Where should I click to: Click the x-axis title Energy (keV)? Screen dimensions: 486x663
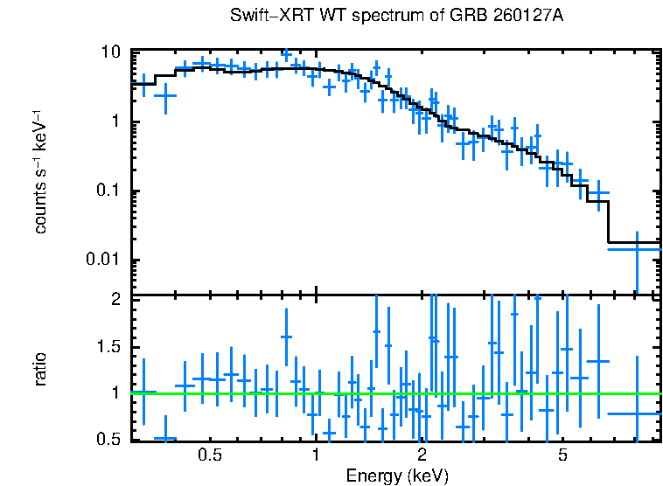397,476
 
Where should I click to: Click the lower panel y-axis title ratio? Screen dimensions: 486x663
40,370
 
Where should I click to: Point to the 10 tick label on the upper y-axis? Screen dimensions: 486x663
110,52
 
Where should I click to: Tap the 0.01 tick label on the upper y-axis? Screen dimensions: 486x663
102,260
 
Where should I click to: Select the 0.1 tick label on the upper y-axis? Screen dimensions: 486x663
107,191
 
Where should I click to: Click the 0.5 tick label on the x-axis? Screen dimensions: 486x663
210,455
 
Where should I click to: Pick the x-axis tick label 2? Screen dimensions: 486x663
422,455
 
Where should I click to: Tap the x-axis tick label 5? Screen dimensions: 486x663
562,455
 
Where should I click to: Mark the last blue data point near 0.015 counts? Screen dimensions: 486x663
636,249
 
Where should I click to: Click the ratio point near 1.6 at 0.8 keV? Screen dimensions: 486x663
286,337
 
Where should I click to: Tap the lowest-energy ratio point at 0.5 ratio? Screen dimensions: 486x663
164,438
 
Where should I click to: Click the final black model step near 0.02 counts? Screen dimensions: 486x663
634,242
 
